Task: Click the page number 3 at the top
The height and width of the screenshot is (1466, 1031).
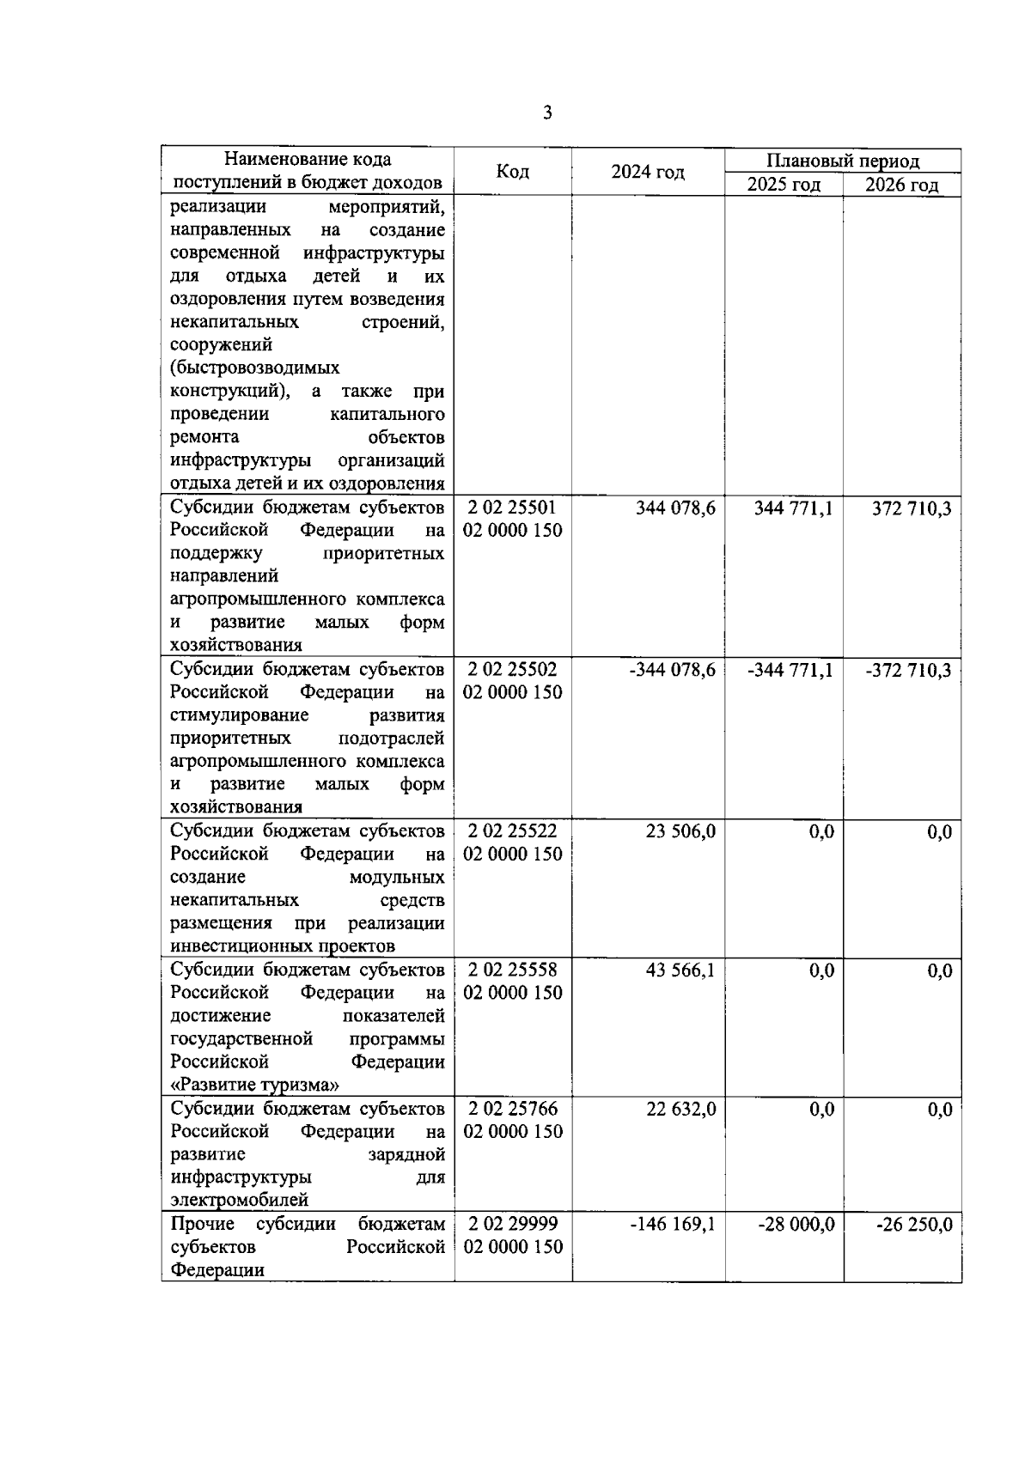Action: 546,113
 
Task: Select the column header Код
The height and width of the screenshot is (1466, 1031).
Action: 513,172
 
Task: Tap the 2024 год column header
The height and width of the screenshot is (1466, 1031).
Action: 648,172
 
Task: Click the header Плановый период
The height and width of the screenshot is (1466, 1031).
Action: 842,161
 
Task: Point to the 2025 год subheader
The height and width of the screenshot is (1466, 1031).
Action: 784,185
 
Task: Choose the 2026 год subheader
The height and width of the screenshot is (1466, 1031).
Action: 901,185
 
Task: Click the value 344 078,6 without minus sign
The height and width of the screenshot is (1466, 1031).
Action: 675,508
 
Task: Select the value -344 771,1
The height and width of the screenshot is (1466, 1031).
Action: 790,670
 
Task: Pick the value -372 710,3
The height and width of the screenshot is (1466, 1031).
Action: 908,670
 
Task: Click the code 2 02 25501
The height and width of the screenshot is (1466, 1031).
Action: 512,508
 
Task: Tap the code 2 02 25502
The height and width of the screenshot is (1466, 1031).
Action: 512,669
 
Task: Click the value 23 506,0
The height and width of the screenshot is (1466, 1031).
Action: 680,831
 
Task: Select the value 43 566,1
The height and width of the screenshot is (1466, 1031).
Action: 680,970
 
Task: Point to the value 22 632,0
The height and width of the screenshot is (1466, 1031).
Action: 680,1110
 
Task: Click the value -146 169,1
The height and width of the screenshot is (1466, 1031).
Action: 673,1225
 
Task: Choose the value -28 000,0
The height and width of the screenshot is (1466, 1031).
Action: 796,1225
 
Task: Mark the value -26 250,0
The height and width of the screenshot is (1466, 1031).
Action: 913,1225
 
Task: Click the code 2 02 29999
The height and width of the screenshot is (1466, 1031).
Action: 512,1224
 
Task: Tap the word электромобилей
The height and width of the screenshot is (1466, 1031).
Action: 240,1200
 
